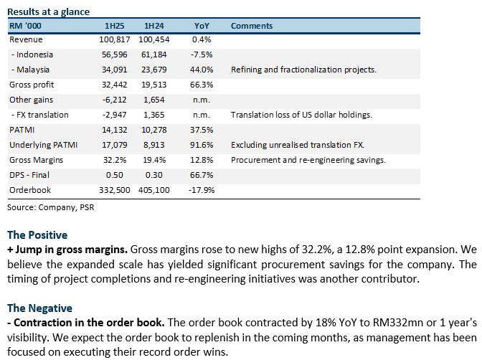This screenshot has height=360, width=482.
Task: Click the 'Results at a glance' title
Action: [x=48, y=12]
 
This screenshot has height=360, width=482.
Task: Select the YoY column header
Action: [x=202, y=26]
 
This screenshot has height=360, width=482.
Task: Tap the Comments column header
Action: [x=252, y=26]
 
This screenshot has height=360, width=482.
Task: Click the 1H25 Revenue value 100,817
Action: [x=114, y=39]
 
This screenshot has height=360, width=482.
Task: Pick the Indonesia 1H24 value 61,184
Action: [x=154, y=55]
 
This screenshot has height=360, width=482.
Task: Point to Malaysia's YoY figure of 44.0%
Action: [x=202, y=70]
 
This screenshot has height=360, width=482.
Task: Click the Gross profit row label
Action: [x=32, y=85]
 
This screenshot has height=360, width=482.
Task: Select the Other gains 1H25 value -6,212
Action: [x=114, y=100]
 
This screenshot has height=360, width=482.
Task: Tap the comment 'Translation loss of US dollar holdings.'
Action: [x=301, y=115]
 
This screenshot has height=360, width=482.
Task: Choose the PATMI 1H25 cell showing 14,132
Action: [x=114, y=130]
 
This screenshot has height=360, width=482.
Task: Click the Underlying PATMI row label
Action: [x=43, y=145]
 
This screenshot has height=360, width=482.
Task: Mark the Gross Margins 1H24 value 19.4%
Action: [x=154, y=160]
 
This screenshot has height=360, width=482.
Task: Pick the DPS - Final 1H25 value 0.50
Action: [x=114, y=175]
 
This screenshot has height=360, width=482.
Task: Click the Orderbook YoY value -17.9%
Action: [x=202, y=190]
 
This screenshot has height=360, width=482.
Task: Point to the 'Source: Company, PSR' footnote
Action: [x=51, y=207]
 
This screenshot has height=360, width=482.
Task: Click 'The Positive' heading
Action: [x=37, y=235]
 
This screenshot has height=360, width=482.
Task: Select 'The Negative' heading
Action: [x=39, y=308]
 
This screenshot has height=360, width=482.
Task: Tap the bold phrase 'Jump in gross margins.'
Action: [x=71, y=250]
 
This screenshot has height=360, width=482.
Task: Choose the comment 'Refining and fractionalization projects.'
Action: [x=303, y=70]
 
